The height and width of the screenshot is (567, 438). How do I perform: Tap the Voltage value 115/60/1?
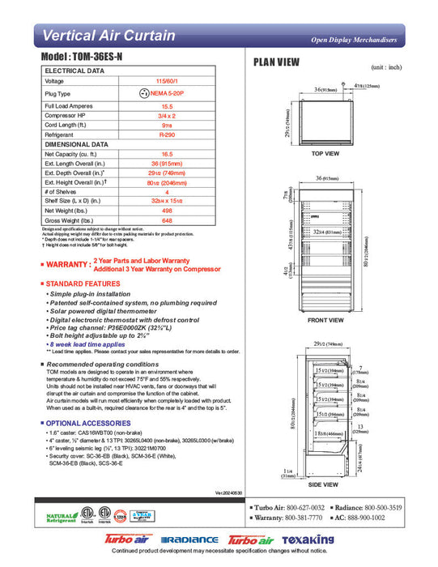click(x=168, y=81)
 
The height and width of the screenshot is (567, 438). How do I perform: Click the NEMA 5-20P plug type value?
click(x=168, y=94)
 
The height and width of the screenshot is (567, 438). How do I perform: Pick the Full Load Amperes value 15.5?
click(x=168, y=107)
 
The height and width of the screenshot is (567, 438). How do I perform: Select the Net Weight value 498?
click(x=168, y=210)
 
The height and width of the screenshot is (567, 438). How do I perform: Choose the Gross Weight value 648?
click(x=168, y=220)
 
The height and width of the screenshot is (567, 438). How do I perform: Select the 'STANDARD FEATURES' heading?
click(x=80, y=283)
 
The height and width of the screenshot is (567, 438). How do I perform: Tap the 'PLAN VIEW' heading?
click(x=277, y=62)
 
